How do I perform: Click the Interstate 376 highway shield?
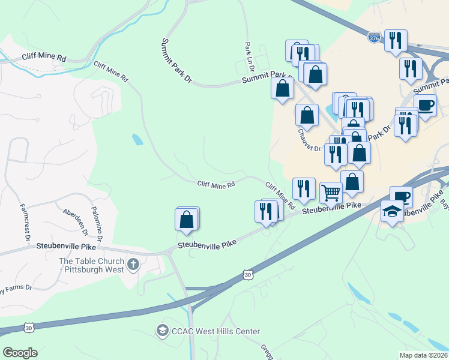(374, 38)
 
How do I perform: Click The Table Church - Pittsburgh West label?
(92, 265)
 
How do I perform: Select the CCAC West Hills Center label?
(216, 331)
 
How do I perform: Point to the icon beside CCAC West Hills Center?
(161, 330)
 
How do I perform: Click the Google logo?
(20, 353)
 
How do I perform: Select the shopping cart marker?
(331, 193)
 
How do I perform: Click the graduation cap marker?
(392, 211)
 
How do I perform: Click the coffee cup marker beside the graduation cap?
(401, 196)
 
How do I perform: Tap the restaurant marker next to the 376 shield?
(395, 40)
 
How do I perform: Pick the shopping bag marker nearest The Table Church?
(187, 220)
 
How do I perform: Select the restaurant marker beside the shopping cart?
(304, 188)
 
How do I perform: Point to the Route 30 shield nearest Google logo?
(29, 328)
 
